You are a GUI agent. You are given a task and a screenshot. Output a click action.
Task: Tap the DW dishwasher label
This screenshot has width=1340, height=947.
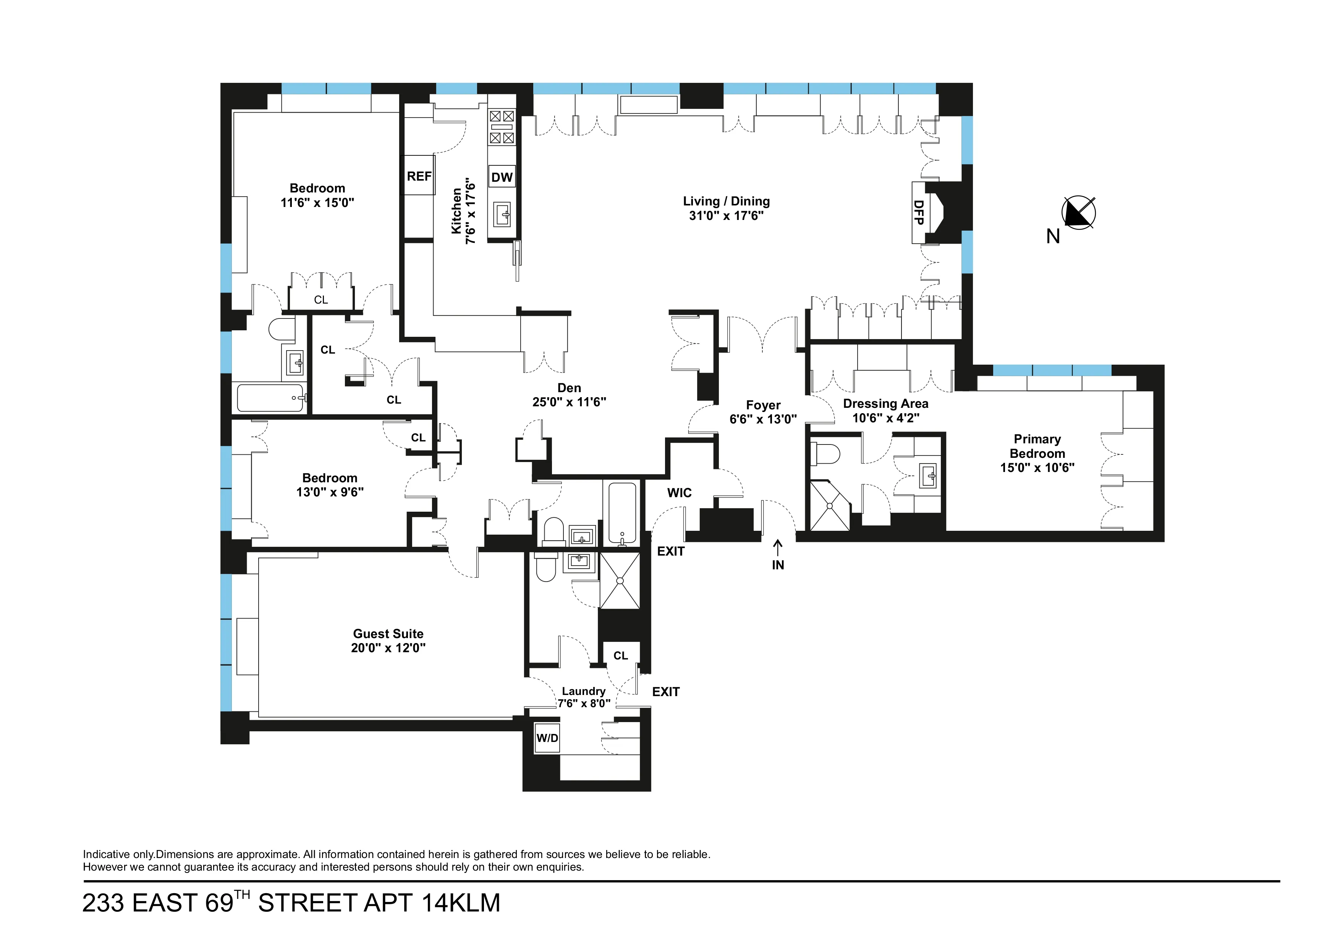coord(502,178)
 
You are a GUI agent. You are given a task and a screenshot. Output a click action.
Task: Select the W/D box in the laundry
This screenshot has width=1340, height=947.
coord(547,738)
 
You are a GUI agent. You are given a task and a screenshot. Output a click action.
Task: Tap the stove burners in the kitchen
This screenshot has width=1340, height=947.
coord(502,127)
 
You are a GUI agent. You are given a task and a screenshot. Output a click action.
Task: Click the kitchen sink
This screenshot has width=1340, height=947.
coord(502,215)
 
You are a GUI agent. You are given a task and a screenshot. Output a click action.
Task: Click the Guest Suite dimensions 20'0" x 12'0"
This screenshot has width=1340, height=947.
coord(388,648)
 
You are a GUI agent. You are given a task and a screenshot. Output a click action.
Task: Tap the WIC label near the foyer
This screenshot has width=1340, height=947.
coord(679,493)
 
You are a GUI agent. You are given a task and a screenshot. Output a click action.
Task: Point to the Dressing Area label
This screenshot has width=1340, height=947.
coord(885,404)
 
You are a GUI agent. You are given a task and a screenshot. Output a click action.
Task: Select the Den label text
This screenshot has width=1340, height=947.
coord(569,388)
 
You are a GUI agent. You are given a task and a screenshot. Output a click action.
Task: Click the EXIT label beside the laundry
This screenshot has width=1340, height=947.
coord(665,692)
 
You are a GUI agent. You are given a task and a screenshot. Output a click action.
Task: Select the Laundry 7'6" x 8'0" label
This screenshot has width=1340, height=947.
coord(584,697)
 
